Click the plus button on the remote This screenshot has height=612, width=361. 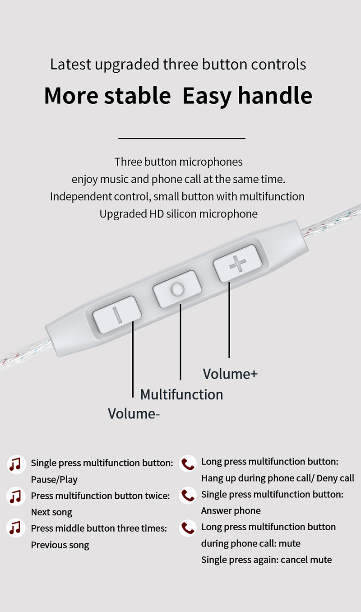pos(237,264)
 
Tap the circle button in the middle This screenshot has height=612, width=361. pos(176,289)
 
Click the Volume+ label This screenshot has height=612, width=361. pos(230,374)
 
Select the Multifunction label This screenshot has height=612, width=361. pos(181,394)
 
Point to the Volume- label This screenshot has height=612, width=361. pos(134,413)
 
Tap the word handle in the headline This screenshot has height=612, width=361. pos(275,95)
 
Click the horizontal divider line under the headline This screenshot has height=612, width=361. pos(181,139)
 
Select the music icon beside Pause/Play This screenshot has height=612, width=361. pos(15,464)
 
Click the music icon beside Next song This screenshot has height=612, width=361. pos(15,496)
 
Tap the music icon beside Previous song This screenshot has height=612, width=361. pos(15,529)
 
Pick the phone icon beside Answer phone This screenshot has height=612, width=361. pos(187,496)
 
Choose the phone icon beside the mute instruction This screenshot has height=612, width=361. pos(187,528)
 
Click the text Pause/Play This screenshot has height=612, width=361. pos(54,479)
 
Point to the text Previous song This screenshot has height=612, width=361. pos(60,545)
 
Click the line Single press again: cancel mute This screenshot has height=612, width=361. pos(266,560)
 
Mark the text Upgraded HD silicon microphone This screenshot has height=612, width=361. pos(178,213)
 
